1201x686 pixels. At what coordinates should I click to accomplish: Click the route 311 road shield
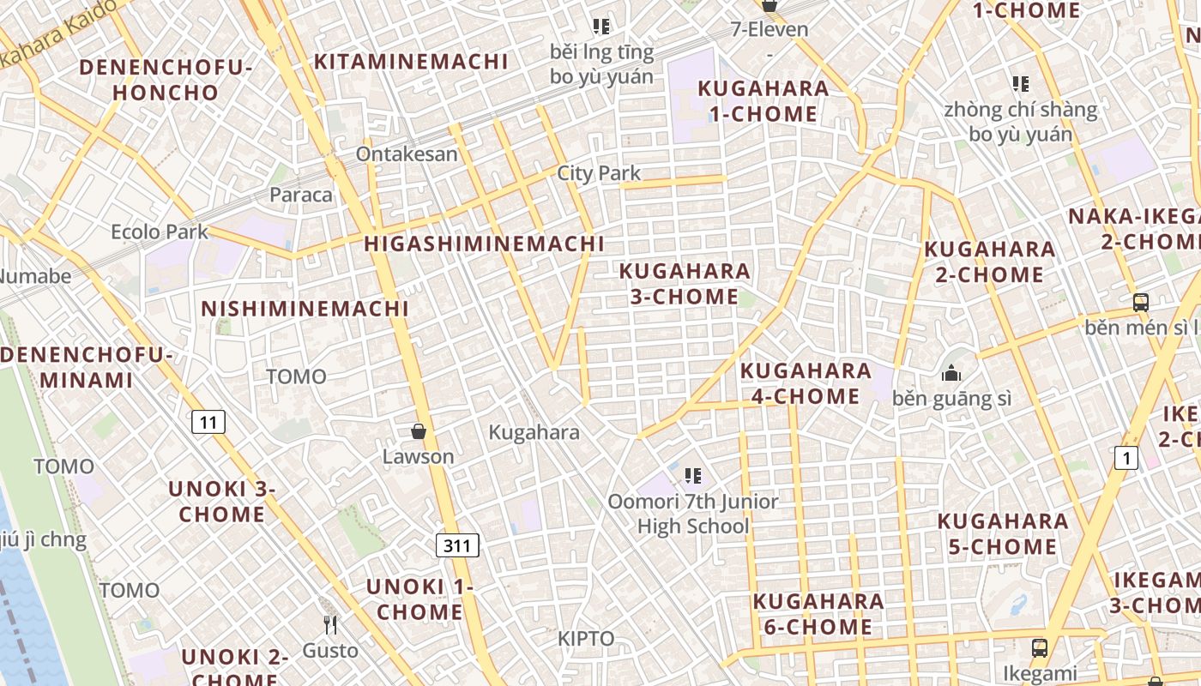point(457,545)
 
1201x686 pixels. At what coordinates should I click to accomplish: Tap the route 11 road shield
point(208,421)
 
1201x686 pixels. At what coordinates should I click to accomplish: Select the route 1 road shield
point(1126,458)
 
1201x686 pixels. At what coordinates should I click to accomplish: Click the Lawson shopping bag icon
point(419,431)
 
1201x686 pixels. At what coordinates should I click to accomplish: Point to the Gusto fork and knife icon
point(330,624)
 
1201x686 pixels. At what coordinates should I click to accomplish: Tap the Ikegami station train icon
point(1040,647)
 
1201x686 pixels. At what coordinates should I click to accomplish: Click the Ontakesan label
point(407,154)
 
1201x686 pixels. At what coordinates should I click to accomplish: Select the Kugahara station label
point(534,432)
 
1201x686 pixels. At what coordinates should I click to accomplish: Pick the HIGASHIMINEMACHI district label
point(484,244)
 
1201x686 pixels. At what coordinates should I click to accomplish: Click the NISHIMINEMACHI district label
point(305,309)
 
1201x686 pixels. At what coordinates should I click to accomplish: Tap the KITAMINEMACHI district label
point(411,62)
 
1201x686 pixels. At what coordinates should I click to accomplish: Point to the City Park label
point(599,173)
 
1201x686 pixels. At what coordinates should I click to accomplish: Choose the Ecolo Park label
point(160,232)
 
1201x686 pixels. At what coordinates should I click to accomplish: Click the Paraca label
point(300,195)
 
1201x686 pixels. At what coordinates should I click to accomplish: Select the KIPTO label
point(586,639)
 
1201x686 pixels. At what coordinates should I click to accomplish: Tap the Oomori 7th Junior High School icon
point(693,475)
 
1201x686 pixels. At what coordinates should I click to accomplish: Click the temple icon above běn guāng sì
point(951,373)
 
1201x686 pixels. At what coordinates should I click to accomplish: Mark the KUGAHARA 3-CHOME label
point(685,284)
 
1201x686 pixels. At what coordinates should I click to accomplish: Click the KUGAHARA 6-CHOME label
point(818,614)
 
